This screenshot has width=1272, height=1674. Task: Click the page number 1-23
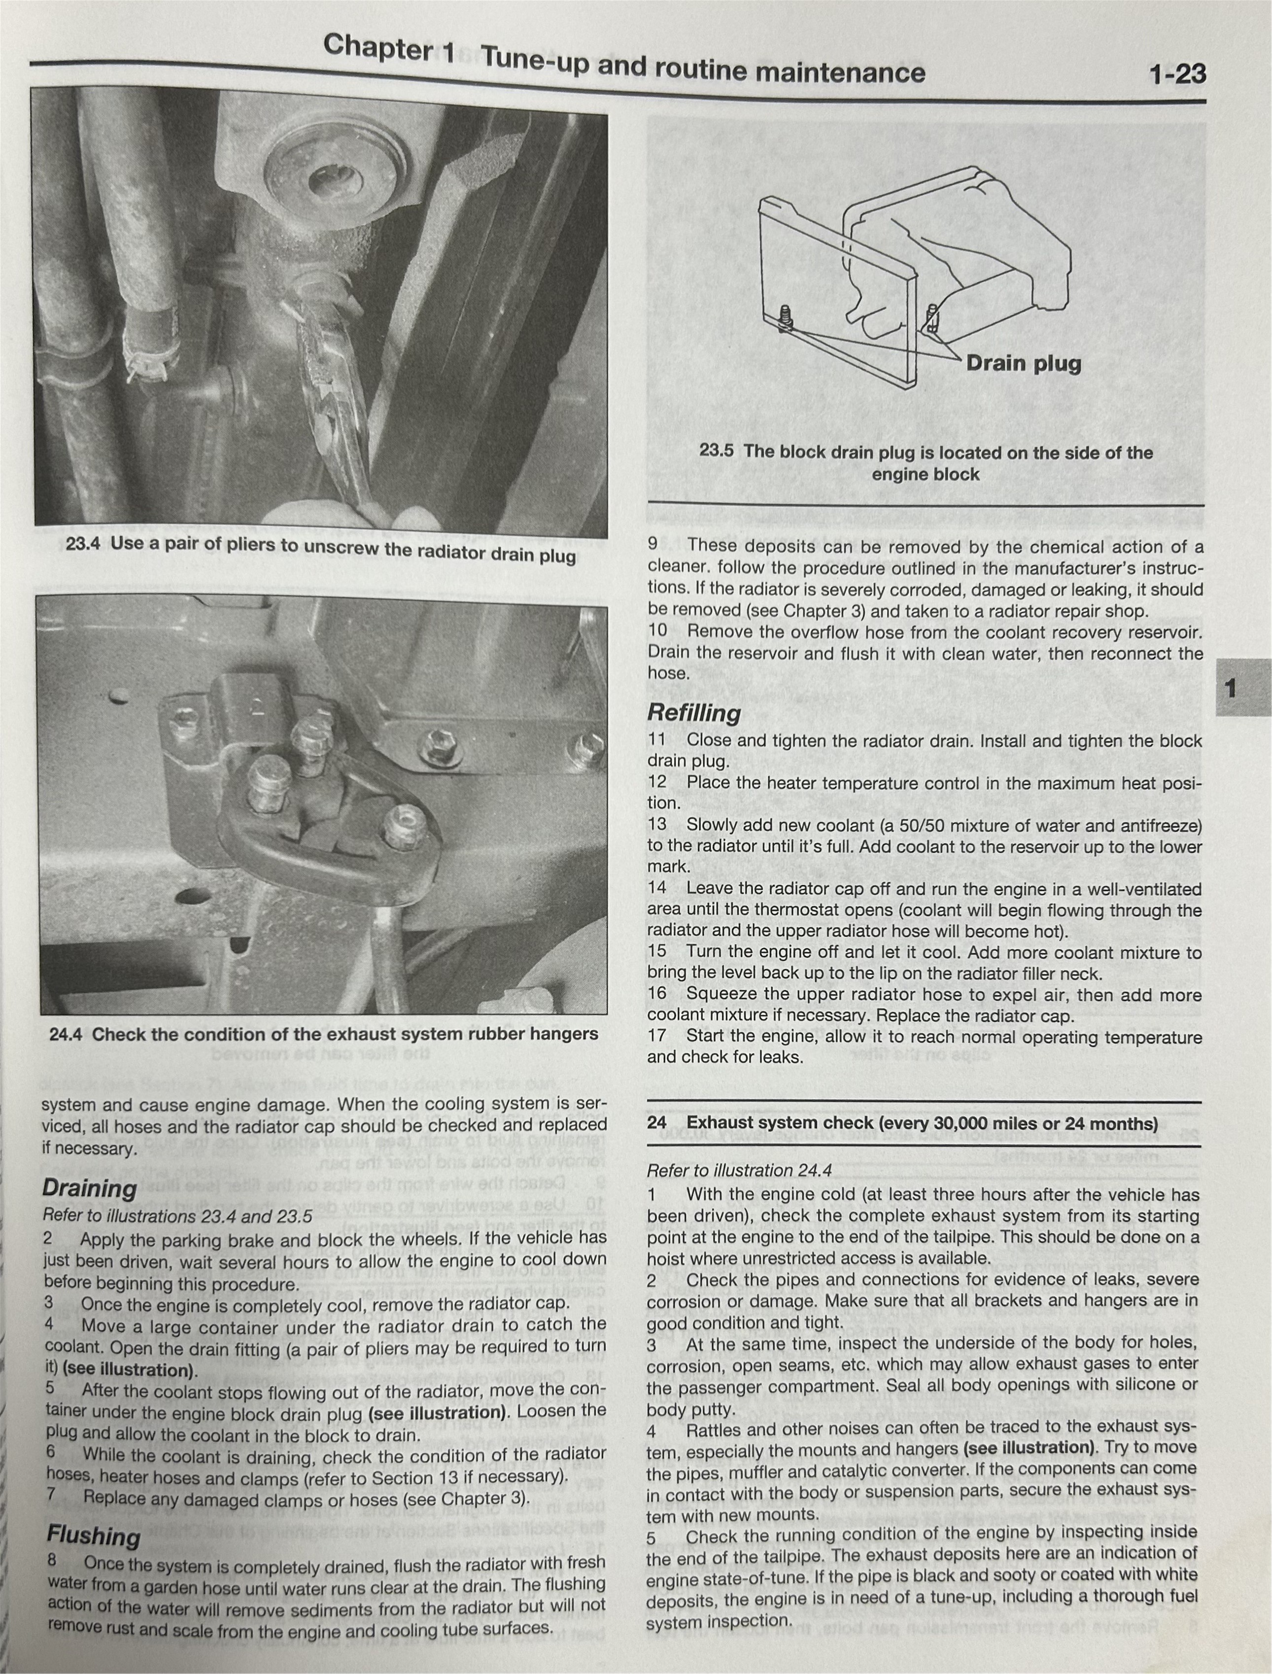(x=1177, y=74)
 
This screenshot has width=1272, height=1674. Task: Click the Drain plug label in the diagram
(x=1024, y=363)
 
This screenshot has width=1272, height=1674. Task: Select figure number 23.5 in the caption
(x=716, y=451)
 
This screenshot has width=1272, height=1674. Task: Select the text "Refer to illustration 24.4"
(x=739, y=1171)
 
